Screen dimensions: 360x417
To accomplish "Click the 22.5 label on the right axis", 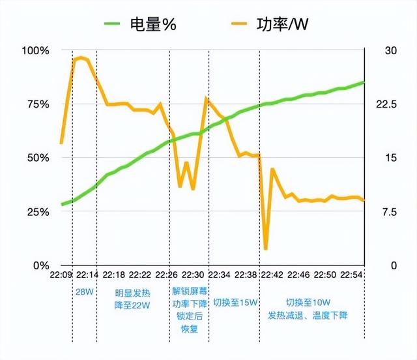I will click(x=384, y=104).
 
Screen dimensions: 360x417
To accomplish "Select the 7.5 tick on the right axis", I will click(x=382, y=212).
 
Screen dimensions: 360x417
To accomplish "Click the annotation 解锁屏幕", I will click(x=190, y=292).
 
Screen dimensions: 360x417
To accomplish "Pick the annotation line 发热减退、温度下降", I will click(x=308, y=316).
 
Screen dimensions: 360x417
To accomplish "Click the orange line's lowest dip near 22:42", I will click(x=266, y=248).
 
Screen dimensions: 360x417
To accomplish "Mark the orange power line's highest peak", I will click(x=80, y=58).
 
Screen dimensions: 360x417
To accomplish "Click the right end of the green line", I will click(x=364, y=82).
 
